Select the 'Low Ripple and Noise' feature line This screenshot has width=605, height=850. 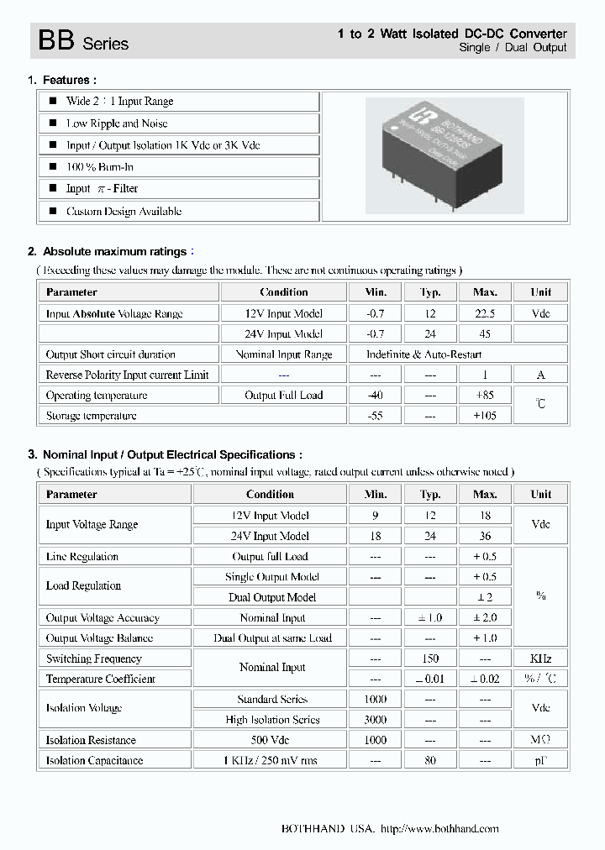(117, 123)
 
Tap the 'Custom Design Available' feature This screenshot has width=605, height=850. (124, 212)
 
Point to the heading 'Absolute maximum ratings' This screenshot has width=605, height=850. (114, 251)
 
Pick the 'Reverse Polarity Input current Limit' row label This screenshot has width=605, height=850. (127, 375)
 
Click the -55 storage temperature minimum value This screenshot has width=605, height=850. (376, 416)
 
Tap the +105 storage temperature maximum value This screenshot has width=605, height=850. (485, 416)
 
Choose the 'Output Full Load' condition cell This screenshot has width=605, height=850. (283, 396)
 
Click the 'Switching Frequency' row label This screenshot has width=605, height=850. (93, 658)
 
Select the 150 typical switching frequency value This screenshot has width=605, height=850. (430, 658)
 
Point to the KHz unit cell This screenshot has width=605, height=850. (540, 658)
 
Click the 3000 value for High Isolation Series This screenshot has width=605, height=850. (376, 720)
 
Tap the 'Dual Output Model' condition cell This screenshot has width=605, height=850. (272, 597)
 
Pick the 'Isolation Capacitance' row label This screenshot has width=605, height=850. (94, 761)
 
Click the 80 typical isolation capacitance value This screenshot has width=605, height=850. (430, 761)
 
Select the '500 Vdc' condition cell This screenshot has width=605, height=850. (270, 740)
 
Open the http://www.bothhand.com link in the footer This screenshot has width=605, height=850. (439, 829)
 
